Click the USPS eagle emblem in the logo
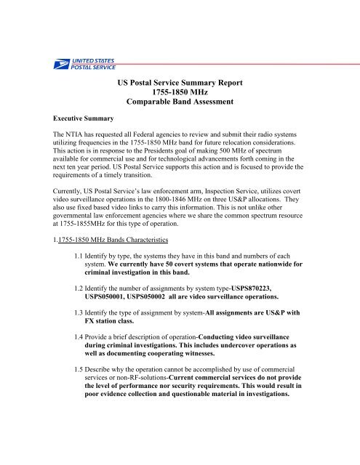click(57, 63)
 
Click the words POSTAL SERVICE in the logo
click(91, 66)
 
